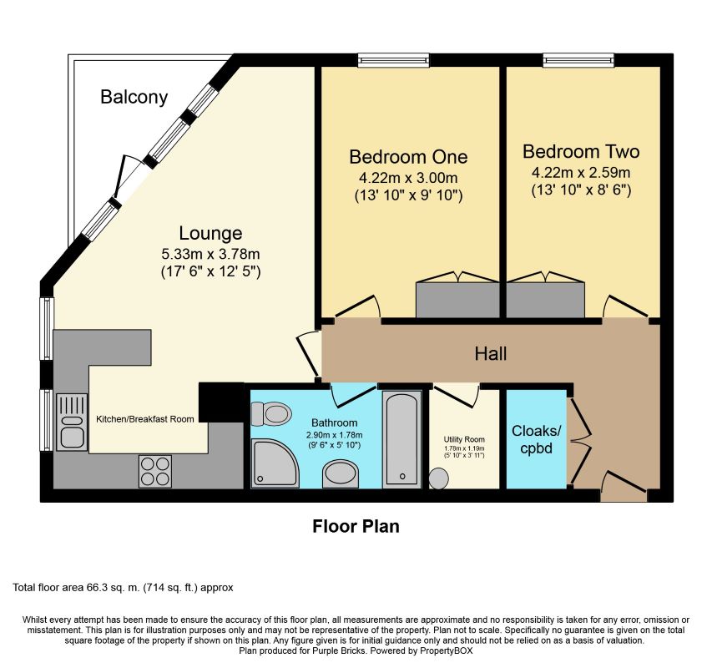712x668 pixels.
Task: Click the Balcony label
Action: (x=134, y=97)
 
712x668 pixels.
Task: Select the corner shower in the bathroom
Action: (x=274, y=463)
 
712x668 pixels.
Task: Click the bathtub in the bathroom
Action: (x=401, y=439)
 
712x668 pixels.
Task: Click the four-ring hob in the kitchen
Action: (x=154, y=471)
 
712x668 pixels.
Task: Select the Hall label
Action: (x=490, y=354)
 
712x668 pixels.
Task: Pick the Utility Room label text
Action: (x=463, y=438)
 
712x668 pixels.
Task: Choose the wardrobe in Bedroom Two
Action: (x=545, y=300)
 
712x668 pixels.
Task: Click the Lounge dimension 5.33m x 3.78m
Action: (x=210, y=253)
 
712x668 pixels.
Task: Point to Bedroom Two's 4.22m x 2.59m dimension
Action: (x=580, y=173)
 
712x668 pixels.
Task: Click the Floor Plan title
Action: (x=356, y=527)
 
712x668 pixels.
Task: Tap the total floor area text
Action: (x=123, y=588)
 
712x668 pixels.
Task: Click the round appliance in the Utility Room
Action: (x=438, y=478)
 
